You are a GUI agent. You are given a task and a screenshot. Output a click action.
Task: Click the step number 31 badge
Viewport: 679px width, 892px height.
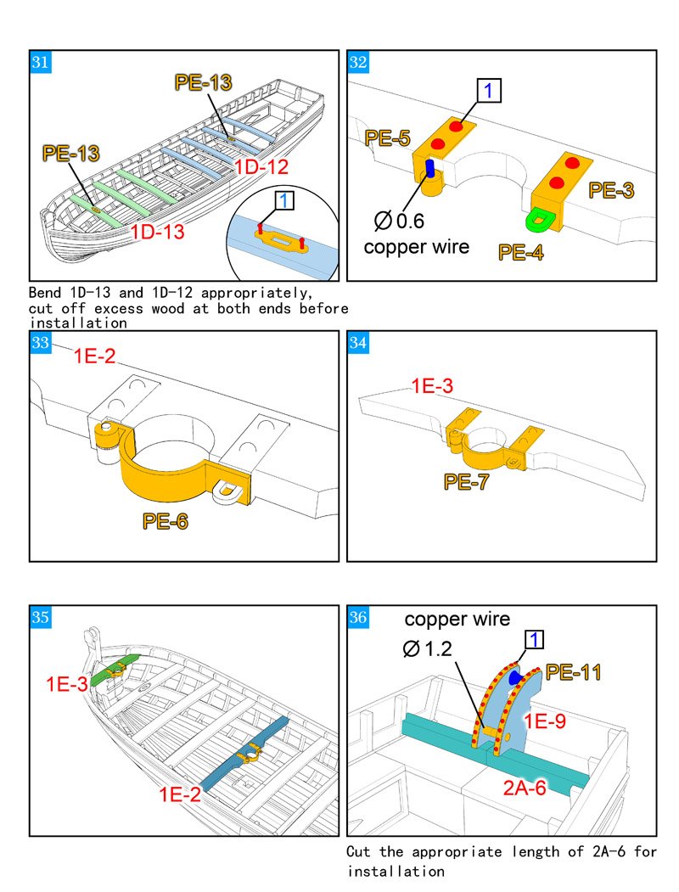[40, 63]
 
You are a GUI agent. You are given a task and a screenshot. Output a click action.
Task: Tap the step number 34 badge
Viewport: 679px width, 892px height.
[358, 342]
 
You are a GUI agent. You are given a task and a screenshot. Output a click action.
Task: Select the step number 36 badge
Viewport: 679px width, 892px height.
[358, 617]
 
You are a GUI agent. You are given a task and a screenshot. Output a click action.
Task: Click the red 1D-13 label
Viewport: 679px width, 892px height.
[157, 230]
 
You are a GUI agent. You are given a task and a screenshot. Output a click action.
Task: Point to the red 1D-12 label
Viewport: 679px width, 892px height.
[261, 167]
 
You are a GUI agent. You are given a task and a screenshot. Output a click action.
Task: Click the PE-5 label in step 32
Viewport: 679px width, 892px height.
[388, 138]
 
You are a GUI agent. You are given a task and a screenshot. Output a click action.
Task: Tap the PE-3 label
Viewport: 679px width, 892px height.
[612, 190]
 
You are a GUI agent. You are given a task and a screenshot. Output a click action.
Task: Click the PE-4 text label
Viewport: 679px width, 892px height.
[522, 252]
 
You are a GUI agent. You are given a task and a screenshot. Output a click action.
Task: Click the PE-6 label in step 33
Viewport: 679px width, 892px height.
[166, 521]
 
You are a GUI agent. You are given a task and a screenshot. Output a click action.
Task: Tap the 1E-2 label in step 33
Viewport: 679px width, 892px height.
[95, 356]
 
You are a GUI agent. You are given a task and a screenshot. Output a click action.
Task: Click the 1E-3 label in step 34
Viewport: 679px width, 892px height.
[432, 386]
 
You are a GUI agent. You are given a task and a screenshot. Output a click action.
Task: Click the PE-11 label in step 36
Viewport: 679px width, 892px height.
[574, 673]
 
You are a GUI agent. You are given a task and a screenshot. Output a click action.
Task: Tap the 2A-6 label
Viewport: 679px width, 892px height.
[525, 788]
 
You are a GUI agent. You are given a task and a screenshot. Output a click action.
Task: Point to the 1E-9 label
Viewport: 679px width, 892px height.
[546, 721]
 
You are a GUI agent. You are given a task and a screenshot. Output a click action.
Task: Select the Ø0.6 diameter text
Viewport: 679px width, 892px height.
[399, 222]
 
